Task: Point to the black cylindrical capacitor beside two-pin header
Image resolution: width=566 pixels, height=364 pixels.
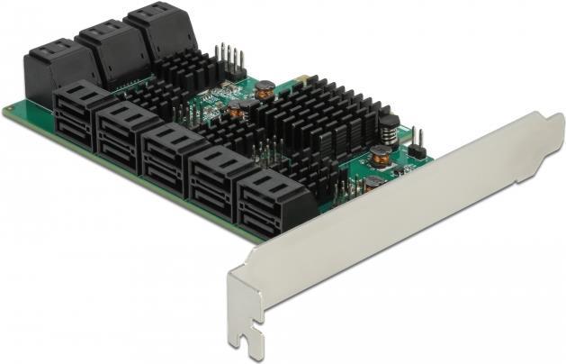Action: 389,126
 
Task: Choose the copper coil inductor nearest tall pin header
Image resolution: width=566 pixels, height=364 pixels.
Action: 265,89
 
